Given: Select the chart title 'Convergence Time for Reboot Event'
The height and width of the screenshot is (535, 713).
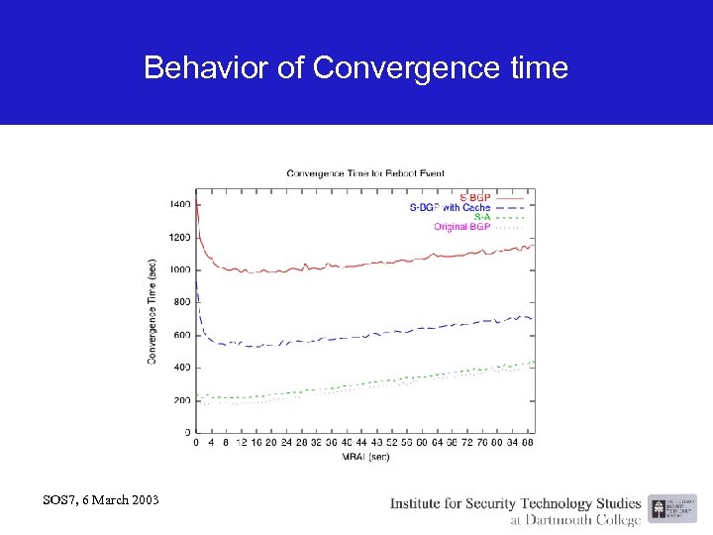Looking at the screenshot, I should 365,173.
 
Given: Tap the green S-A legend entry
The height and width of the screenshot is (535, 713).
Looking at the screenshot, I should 481,217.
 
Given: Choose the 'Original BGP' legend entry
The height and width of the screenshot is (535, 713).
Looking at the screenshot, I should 461,227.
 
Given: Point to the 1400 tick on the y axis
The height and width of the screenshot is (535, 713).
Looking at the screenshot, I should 179,204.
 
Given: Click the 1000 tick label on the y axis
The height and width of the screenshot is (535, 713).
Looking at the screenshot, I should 179,269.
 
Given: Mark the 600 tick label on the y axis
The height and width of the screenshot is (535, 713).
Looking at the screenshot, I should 182,335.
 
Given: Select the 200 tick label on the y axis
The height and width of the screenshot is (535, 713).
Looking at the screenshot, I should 182,400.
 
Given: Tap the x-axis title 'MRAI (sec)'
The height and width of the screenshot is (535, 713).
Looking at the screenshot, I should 365,457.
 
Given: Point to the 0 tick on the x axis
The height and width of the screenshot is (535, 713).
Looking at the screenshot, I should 196,444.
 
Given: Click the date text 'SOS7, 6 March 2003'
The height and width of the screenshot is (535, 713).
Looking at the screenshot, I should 101,498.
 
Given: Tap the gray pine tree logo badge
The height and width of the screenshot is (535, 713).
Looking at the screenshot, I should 659,509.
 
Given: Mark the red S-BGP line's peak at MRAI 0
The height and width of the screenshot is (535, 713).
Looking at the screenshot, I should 197,204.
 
